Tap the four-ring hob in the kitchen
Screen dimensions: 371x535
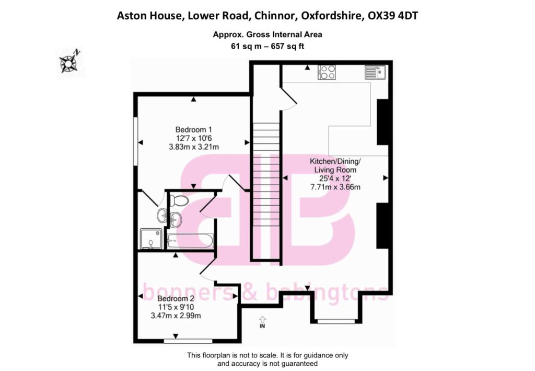coord(327,72)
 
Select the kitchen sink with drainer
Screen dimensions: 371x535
coord(375,72)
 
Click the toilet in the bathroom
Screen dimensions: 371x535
coord(180,200)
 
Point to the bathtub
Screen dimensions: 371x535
coord(189,241)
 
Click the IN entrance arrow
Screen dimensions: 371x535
coord(262,322)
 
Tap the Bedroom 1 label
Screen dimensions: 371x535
coord(193,129)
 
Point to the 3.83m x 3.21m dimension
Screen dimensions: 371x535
coord(193,147)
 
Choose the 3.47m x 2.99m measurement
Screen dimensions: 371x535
coord(176,316)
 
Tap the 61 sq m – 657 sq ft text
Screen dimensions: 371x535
coord(267,46)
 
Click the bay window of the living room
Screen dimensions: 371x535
coord(335,321)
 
